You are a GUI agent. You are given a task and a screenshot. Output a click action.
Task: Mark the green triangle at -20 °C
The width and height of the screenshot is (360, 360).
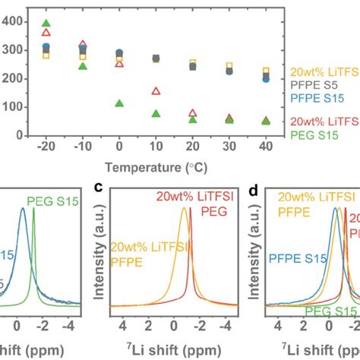tap(46, 24)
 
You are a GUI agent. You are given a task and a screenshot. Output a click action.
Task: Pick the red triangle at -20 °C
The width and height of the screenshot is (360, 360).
tap(46, 32)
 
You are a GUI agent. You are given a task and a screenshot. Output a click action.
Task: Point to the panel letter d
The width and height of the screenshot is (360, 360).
tap(257, 186)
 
